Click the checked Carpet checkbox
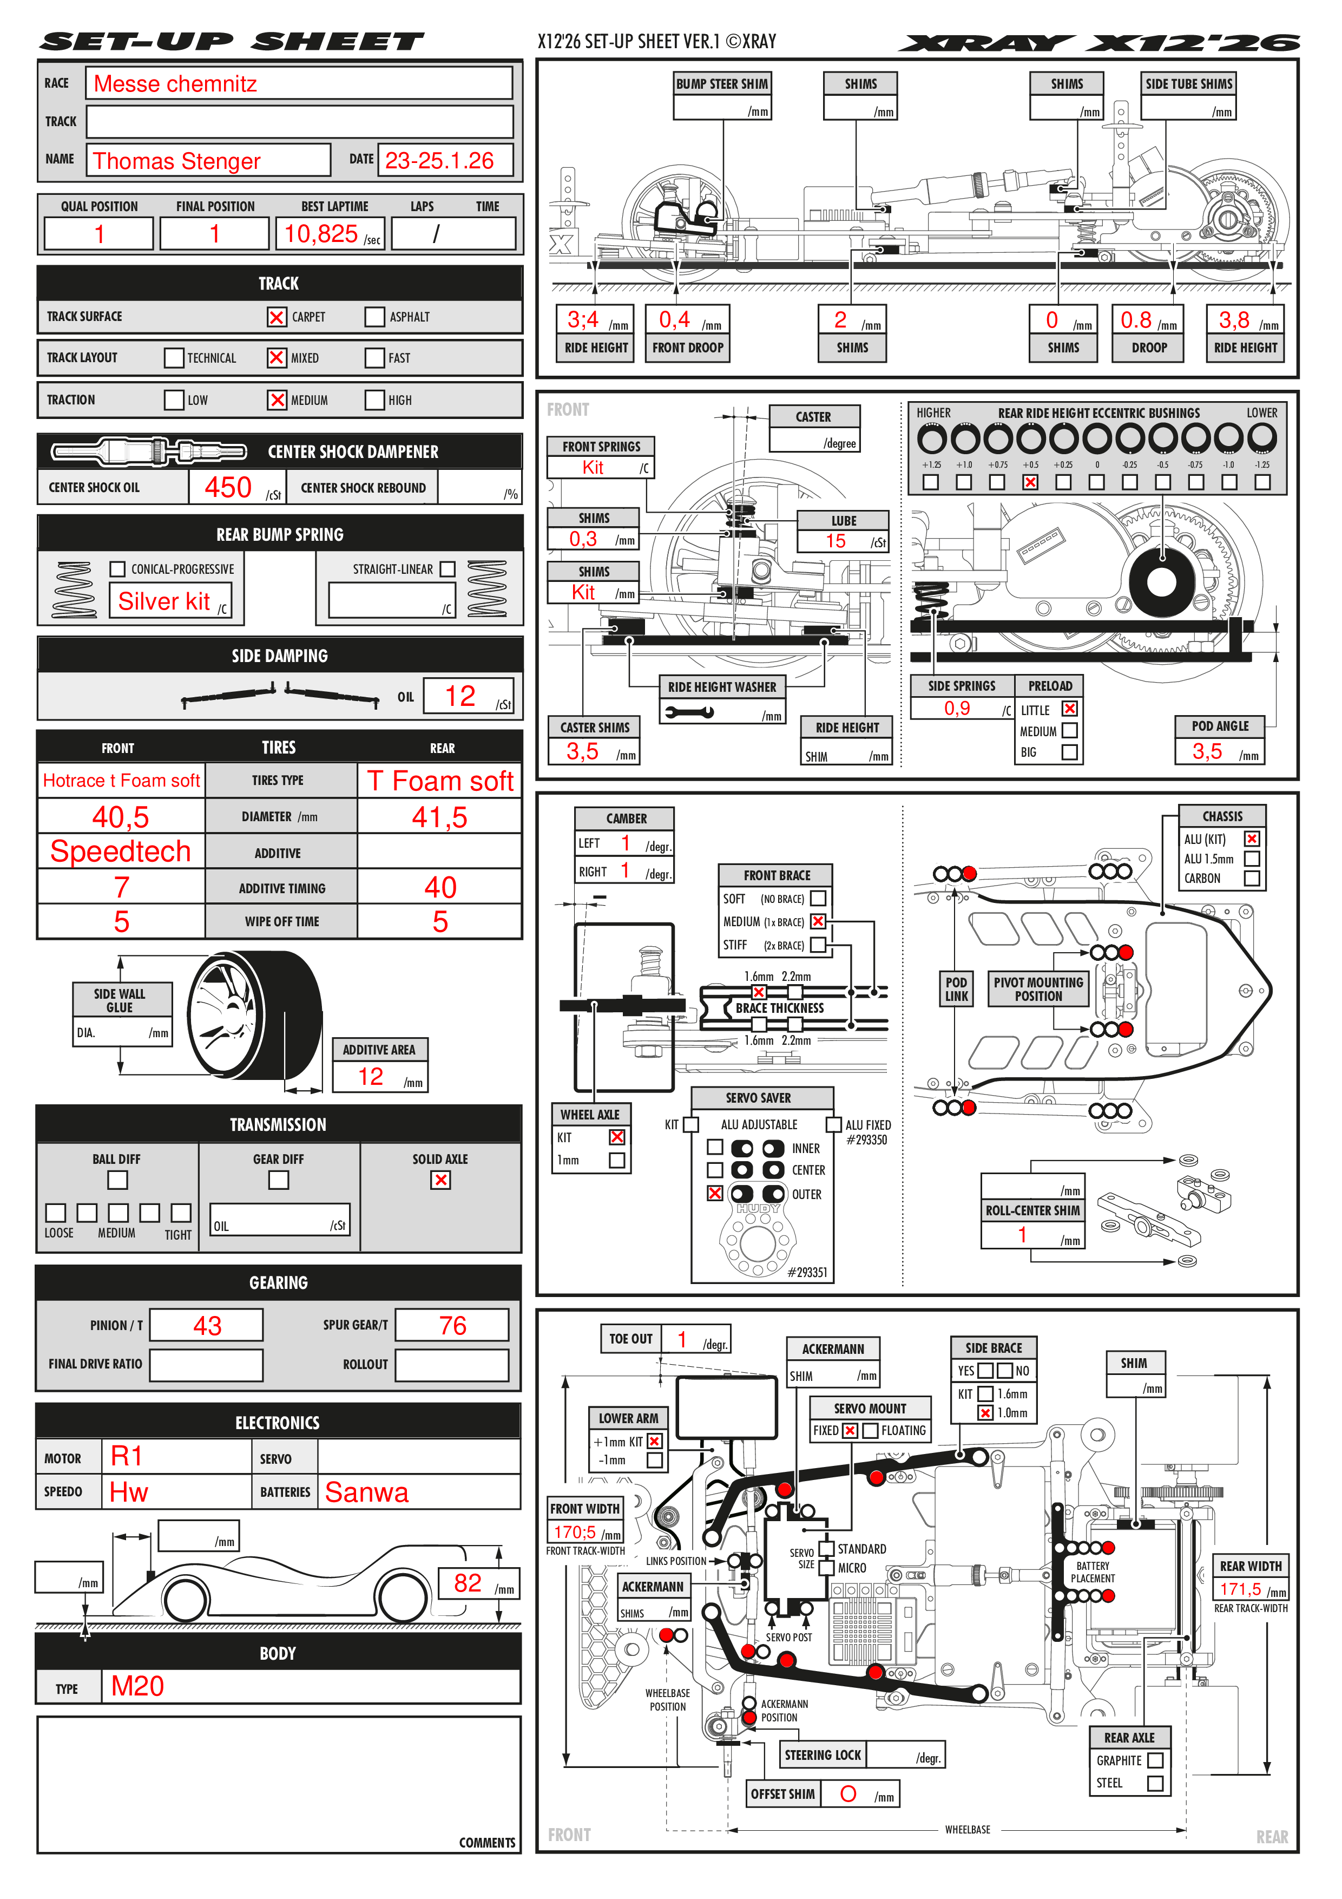point(276,317)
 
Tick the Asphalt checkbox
point(374,317)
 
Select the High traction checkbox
point(374,400)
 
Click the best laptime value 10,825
point(321,234)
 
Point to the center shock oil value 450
point(228,488)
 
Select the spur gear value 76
point(452,1326)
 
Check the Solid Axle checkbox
point(440,1180)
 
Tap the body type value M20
point(137,1686)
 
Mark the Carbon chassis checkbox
point(1252,879)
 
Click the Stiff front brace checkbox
point(818,945)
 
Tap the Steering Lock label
point(823,1755)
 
